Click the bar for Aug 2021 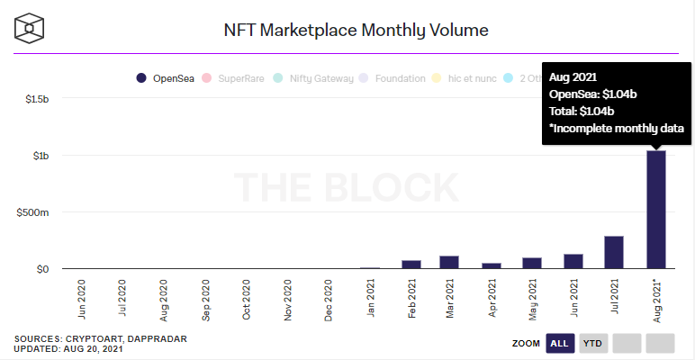click(655, 209)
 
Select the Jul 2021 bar click(614, 252)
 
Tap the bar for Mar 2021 click(449, 262)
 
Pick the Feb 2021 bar click(411, 264)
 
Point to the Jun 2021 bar click(573, 261)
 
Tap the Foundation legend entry click(393, 78)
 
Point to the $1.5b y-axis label click(37, 99)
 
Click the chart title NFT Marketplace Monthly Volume click(356, 31)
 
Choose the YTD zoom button click(592, 343)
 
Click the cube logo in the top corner click(30, 28)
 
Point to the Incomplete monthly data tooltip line click(617, 129)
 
